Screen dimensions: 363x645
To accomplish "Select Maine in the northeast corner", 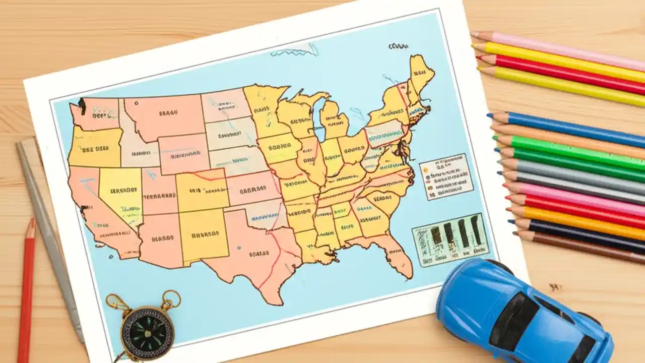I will pyautogui.click(x=421, y=73).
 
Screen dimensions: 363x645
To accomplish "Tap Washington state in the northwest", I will pyautogui.click(x=96, y=113).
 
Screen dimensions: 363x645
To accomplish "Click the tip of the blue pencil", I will pyautogui.click(x=490, y=116).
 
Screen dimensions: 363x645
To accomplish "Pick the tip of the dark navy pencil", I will pyautogui.click(x=511, y=222).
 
